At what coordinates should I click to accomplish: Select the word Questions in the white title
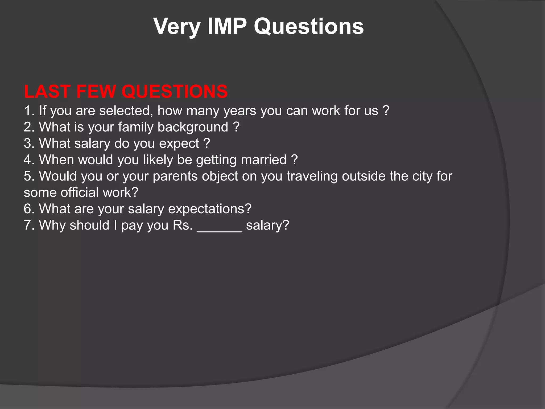(x=309, y=27)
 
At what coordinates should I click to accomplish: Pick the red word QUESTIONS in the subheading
(x=175, y=91)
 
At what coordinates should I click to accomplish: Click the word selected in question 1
(x=126, y=111)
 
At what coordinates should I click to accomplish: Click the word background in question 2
(x=193, y=127)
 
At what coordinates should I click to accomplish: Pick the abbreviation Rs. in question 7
(x=183, y=225)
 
